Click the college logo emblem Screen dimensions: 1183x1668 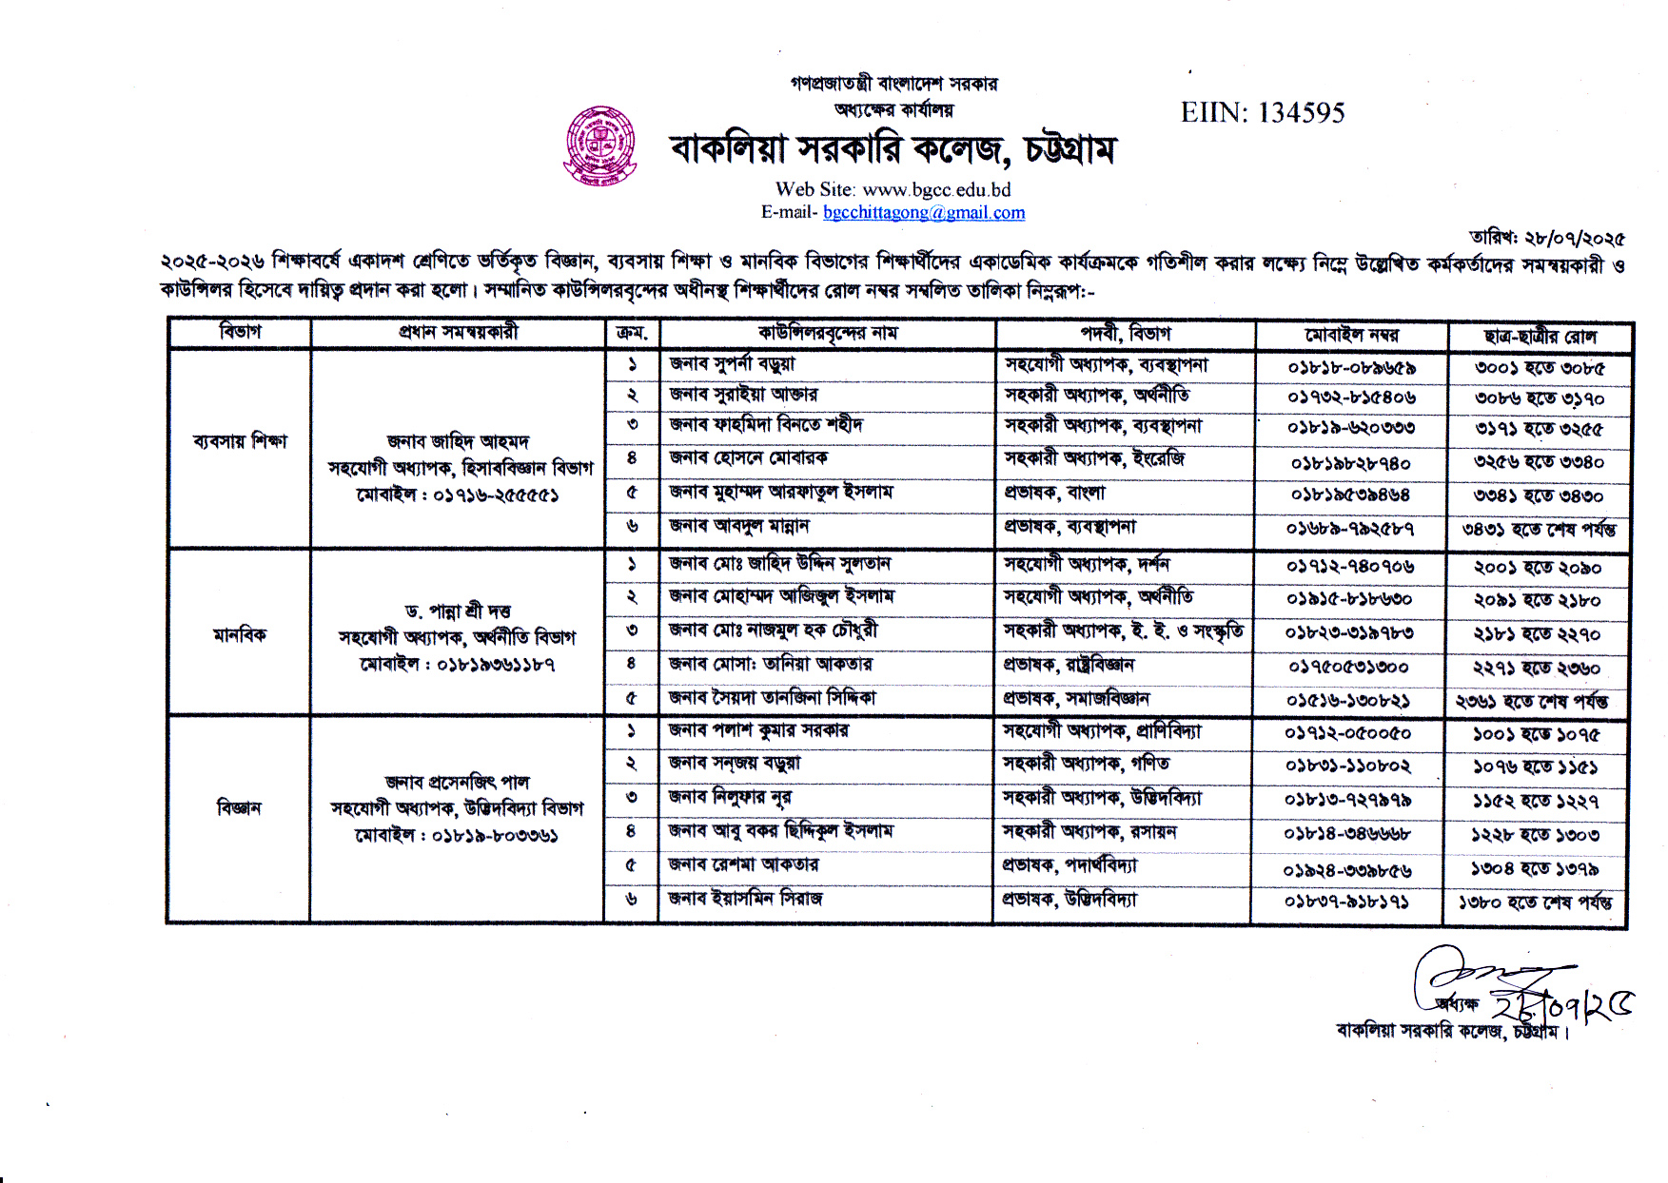coord(599,145)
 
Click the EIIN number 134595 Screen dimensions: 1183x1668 coord(1263,113)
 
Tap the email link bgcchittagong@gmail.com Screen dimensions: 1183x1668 coord(923,212)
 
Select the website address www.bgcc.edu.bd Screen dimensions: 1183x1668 coord(936,189)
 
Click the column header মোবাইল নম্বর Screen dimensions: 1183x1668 coord(1351,335)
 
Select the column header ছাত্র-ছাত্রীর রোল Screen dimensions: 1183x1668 coord(1540,336)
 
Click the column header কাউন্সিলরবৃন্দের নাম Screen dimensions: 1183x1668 coord(827,333)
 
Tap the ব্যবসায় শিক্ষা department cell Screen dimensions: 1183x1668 coord(240,441)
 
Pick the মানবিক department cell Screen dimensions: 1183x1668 coord(240,634)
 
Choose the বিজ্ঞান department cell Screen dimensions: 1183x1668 coord(239,808)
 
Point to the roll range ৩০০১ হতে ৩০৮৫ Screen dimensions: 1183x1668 coord(1540,367)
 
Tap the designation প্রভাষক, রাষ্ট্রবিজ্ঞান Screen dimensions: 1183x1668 coord(1069,665)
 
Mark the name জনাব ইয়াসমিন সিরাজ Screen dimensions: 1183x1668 coord(745,899)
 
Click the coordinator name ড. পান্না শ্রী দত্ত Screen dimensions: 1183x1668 coord(458,611)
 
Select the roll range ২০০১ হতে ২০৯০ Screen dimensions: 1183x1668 coord(1538,568)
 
